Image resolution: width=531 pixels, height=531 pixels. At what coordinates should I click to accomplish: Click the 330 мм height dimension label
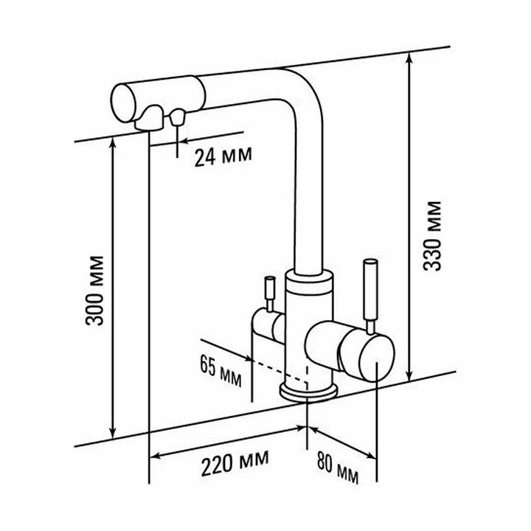click(432, 236)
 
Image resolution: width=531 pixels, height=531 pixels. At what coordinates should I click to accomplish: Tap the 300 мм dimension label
click(94, 291)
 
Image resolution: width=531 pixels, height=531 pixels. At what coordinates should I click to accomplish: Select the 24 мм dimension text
click(223, 156)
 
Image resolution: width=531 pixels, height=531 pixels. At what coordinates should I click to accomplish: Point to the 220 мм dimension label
click(235, 462)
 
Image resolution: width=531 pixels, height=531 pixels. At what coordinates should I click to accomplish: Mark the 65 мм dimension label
click(221, 371)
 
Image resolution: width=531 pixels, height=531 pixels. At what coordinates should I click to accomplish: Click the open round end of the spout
click(124, 103)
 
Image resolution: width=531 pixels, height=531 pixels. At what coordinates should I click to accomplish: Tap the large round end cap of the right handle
click(377, 358)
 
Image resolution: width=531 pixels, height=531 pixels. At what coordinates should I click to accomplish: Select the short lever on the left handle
click(270, 294)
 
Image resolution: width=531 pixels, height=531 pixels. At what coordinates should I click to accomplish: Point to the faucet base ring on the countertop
click(308, 392)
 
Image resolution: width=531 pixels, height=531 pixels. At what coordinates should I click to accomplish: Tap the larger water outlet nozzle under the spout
click(150, 118)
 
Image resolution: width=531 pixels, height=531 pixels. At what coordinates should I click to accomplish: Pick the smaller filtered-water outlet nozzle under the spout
click(177, 117)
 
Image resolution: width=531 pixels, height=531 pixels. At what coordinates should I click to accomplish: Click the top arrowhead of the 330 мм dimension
click(409, 58)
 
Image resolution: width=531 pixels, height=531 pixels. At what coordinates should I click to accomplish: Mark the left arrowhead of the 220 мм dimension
click(155, 457)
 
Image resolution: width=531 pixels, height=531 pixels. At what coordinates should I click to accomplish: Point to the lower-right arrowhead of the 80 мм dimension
click(371, 456)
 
